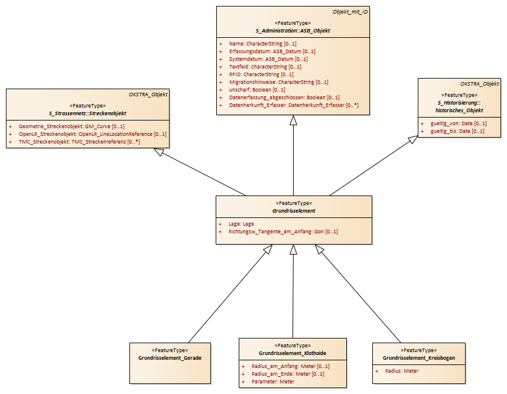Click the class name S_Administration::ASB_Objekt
293,31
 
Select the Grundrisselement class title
294,211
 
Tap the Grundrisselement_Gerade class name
170,358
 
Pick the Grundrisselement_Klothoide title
292,353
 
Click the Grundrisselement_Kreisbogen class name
419,358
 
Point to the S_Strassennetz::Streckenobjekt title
87,113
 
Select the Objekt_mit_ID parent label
350,12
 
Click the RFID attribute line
261,74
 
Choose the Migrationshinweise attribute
279,82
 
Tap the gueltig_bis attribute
457,131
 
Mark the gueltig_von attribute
459,123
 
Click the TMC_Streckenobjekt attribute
79,142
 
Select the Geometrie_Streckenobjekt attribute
71,126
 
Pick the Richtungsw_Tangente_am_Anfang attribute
283,232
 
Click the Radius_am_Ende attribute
288,374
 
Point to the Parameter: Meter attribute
273,382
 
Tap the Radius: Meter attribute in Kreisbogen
402,371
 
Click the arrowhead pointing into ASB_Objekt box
293,120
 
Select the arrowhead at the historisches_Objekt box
412,139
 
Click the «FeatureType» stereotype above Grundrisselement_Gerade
170,350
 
